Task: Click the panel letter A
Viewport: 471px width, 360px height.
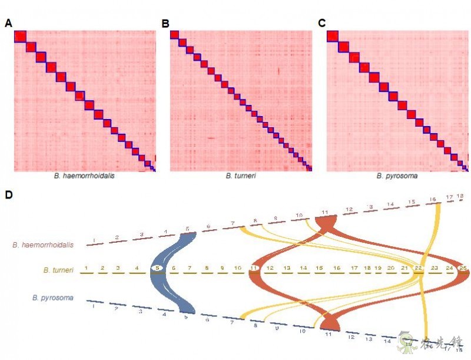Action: click(x=8, y=24)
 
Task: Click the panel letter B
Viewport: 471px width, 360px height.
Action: click(x=165, y=24)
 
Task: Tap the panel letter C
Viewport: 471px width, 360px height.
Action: click(x=322, y=24)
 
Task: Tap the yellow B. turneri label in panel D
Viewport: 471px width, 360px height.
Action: click(x=59, y=270)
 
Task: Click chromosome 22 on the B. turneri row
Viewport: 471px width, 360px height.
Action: click(x=419, y=268)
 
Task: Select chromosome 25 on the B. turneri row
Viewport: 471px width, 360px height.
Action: click(x=463, y=268)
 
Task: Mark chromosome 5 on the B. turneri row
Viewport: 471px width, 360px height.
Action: click(x=157, y=268)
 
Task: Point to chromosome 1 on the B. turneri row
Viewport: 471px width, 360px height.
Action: click(x=87, y=268)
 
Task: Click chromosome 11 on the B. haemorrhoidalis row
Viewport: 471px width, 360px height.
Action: click(x=324, y=212)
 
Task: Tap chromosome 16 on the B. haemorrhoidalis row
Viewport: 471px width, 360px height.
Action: click(x=433, y=200)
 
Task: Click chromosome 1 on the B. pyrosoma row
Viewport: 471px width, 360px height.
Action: click(x=93, y=306)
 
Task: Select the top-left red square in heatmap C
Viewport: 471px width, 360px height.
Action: click(x=332, y=37)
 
